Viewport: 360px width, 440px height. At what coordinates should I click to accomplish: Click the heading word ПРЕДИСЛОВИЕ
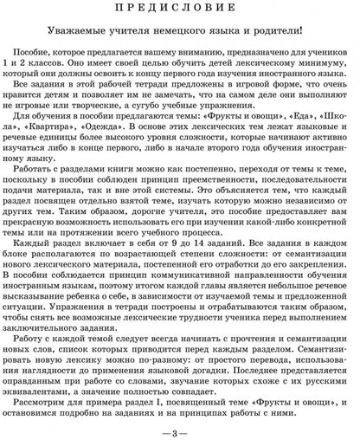(180, 9)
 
